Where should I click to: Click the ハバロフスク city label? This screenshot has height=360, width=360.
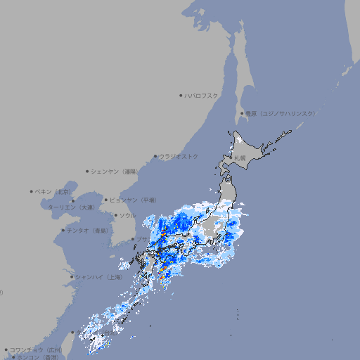click(x=201, y=95)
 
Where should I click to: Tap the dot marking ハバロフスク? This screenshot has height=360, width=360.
click(x=181, y=95)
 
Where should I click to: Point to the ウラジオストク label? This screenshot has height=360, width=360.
click(x=179, y=156)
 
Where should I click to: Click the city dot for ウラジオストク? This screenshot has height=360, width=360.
click(x=155, y=156)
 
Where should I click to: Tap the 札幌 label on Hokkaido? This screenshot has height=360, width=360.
click(x=240, y=157)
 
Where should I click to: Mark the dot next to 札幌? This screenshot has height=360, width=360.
click(x=231, y=157)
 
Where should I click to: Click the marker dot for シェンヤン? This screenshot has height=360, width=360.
click(x=87, y=171)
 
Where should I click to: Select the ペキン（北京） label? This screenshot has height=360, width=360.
click(x=53, y=191)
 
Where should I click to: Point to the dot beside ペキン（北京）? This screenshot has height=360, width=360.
click(x=32, y=191)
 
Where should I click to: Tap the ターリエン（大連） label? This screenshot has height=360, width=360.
click(x=71, y=207)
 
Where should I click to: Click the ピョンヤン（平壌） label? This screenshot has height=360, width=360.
click(x=133, y=200)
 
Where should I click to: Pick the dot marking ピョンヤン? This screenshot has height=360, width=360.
click(x=106, y=200)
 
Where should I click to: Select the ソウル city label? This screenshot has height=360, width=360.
click(x=127, y=215)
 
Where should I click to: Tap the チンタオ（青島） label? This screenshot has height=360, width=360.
click(x=87, y=230)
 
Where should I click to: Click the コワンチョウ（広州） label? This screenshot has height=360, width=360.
click(x=36, y=349)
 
